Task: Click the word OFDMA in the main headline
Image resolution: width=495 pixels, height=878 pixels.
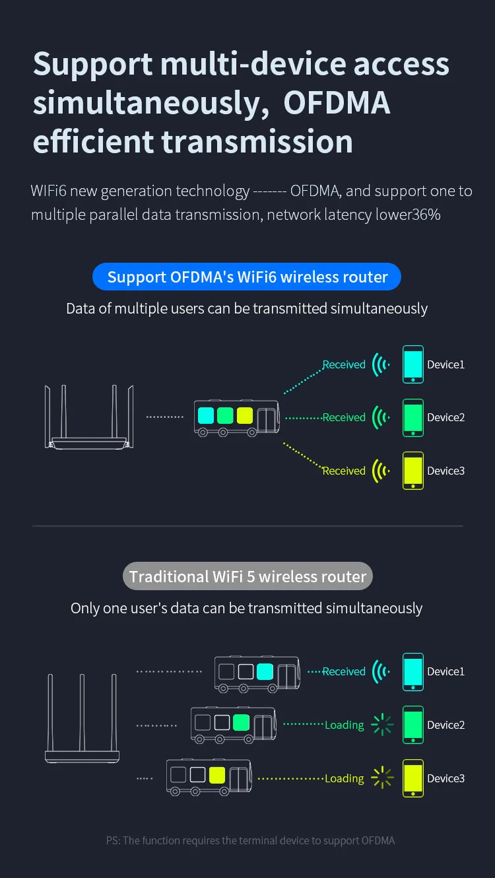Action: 337,103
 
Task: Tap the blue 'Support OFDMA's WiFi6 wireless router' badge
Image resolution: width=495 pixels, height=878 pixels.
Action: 247,277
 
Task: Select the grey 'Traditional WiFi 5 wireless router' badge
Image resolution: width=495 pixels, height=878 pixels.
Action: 247,576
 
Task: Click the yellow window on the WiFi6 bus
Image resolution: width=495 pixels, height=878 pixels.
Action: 245,415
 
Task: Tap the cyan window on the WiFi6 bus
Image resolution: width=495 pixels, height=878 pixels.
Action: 206,415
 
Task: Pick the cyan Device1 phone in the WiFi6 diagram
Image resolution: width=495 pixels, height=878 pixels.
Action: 413,364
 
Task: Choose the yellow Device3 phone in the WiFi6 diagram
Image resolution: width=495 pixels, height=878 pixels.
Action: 413,470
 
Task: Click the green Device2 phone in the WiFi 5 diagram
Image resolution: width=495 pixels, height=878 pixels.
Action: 413,724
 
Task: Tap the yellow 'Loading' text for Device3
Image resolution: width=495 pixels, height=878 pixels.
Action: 344,778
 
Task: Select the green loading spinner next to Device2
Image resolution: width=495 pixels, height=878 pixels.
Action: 382,725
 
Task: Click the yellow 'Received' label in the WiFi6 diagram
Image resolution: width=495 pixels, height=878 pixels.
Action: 344,471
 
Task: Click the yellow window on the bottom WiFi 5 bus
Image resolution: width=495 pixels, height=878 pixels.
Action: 217,775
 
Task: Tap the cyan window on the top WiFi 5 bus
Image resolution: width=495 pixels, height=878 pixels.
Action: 265,671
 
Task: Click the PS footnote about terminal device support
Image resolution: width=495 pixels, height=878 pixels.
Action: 250,840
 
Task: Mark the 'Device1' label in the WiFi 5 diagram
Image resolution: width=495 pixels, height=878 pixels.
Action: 445,671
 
